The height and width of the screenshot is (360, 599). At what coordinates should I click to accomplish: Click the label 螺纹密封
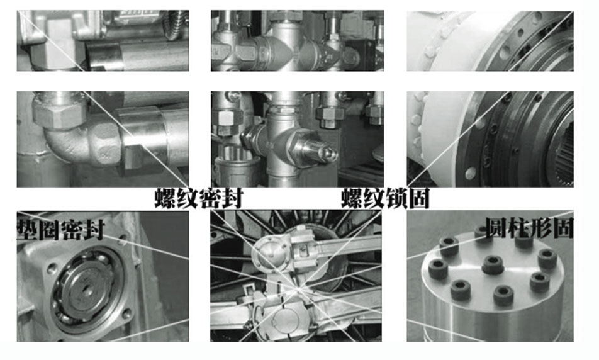coord(199,198)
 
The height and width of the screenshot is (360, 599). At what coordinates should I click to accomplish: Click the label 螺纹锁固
coord(385,198)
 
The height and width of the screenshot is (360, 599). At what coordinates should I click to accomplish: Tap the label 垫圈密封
coord(60,229)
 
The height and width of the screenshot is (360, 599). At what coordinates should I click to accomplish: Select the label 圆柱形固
coord(529,228)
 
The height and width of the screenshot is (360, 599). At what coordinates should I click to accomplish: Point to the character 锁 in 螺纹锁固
coord(396,198)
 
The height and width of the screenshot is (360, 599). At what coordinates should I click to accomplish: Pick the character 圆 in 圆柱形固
coord(496,228)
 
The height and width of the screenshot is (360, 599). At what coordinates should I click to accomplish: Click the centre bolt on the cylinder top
coord(493,264)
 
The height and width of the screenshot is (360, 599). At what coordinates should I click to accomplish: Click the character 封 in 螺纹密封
coord(232,198)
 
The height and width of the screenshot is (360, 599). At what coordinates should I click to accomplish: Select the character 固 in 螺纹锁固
coord(418,198)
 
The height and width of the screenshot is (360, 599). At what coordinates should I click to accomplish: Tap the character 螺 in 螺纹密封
coord(165,198)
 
